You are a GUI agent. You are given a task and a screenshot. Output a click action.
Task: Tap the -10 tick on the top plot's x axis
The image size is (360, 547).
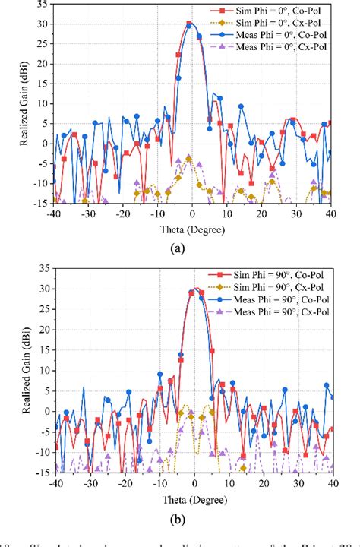pyautogui.click(x=159, y=215)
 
